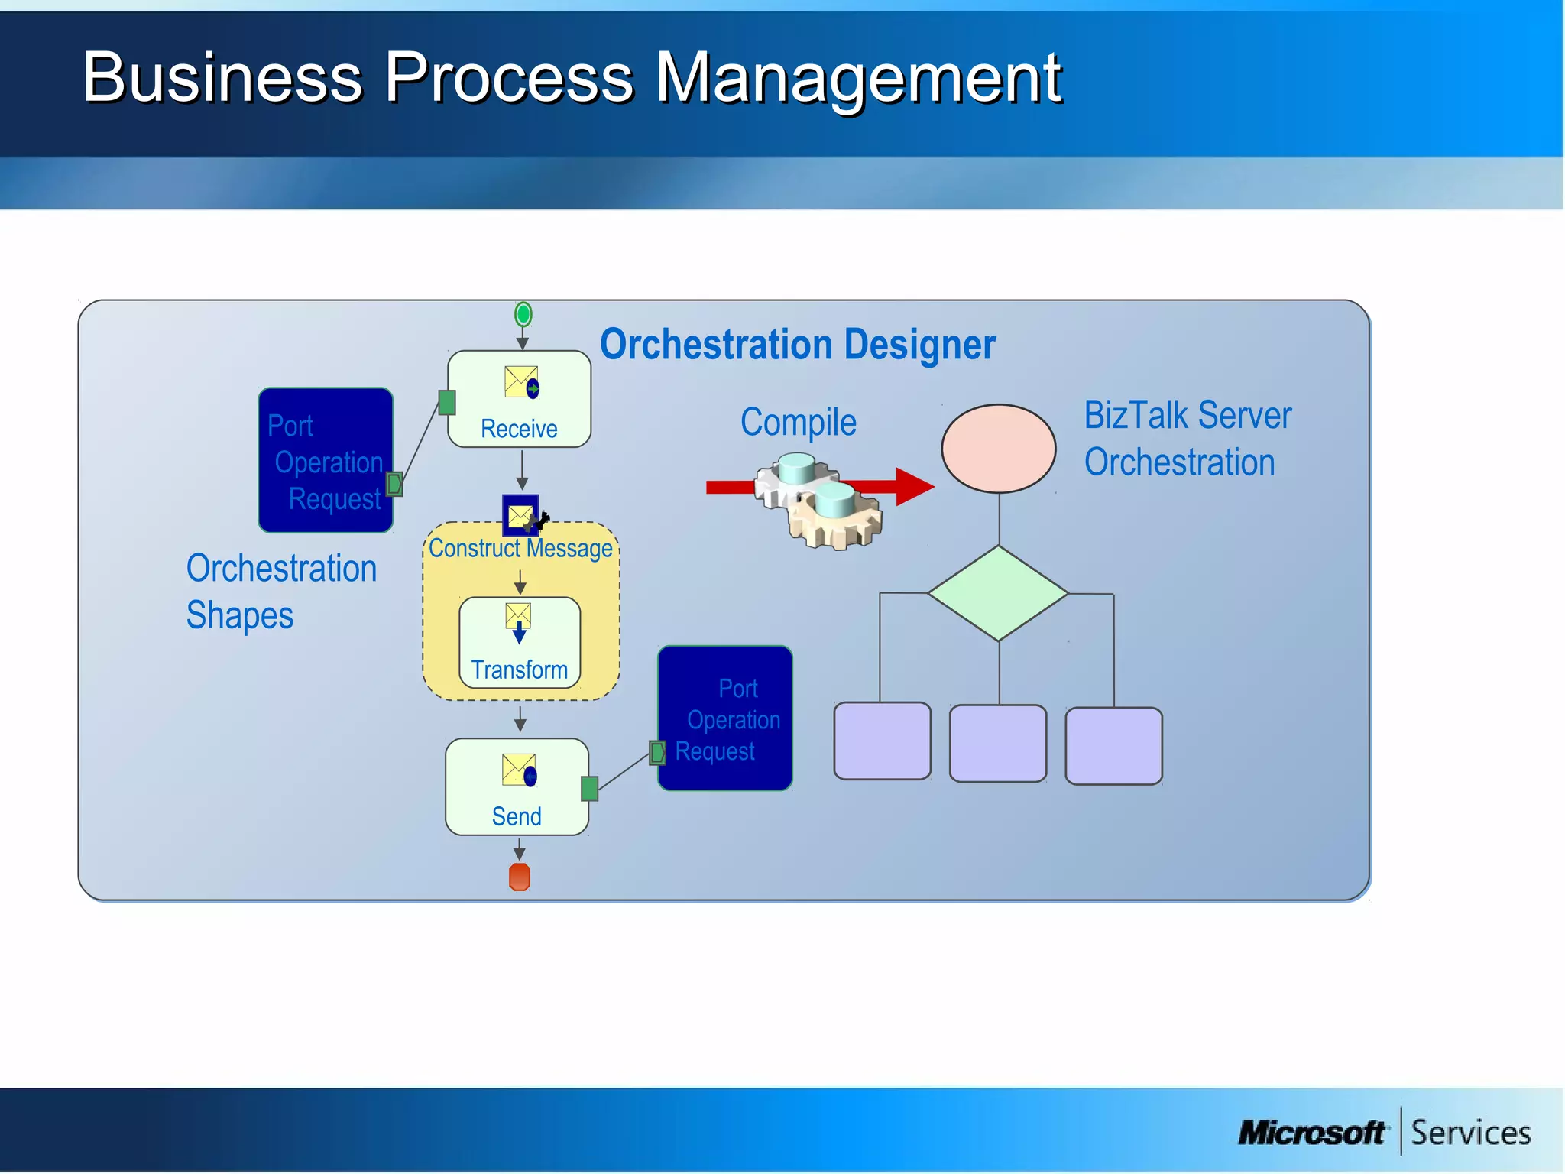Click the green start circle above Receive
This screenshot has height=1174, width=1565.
pyautogui.click(x=523, y=313)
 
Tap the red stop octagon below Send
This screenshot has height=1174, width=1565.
pyautogui.click(x=520, y=877)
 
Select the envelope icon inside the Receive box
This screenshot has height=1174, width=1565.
pyautogui.click(x=521, y=382)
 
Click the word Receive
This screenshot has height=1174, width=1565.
pyautogui.click(x=519, y=429)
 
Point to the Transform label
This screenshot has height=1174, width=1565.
pyautogui.click(x=519, y=670)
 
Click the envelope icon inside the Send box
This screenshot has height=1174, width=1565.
pyautogui.click(x=519, y=770)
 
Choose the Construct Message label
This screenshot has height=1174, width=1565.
pyautogui.click(x=520, y=548)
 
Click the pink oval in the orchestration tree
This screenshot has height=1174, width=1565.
pyautogui.click(x=998, y=449)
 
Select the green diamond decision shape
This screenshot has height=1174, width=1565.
pyautogui.click(x=998, y=593)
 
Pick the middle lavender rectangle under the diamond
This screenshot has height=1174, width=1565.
pyautogui.click(x=997, y=743)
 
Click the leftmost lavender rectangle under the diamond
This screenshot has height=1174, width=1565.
pyautogui.click(x=882, y=741)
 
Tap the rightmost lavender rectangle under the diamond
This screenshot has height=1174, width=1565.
pyautogui.click(x=1113, y=746)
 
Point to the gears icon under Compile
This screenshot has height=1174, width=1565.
pyautogui.click(x=818, y=501)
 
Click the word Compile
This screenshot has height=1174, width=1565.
pyautogui.click(x=799, y=423)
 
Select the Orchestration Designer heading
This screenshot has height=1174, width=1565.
pyautogui.click(x=797, y=345)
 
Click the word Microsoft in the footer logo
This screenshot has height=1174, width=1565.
pyautogui.click(x=1311, y=1133)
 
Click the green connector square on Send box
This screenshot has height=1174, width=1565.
pyautogui.click(x=589, y=788)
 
